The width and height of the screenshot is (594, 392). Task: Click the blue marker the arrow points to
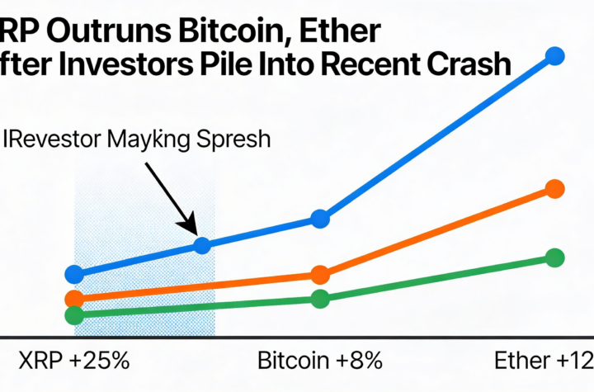point(202,244)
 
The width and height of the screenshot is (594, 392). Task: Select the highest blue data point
point(555,56)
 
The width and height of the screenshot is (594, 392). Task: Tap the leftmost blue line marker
point(74,275)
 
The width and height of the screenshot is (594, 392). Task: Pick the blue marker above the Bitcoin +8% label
point(320,219)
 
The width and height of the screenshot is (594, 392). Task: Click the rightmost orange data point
point(555,188)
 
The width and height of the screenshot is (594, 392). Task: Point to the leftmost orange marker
point(74,299)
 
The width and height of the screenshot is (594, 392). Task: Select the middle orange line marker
point(320,275)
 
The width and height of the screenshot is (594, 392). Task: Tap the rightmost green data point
point(555,257)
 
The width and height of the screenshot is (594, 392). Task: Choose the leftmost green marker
point(74,314)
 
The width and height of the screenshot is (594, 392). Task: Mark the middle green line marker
point(320,299)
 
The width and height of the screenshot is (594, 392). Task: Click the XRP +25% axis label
point(74,361)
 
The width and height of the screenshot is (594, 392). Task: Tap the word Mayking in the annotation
point(145,138)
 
